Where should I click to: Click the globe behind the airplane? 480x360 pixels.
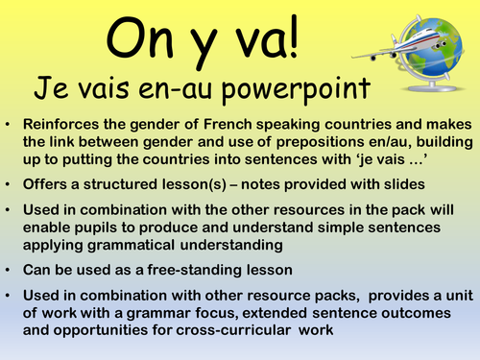point(438,43)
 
